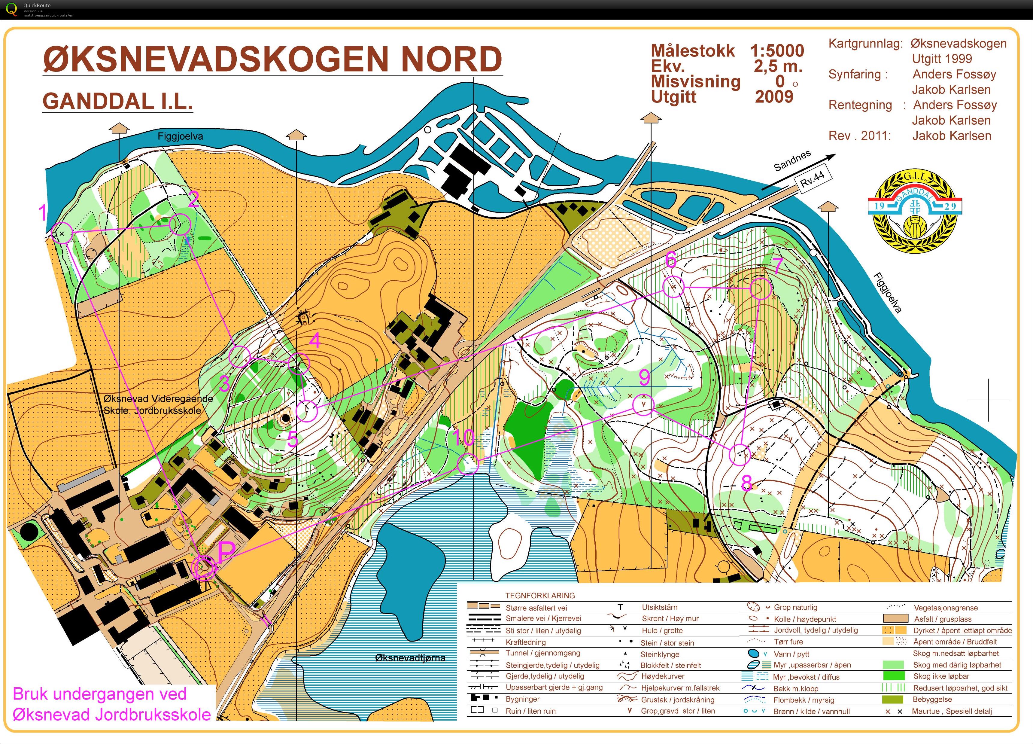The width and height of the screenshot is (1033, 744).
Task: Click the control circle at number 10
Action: point(468,464)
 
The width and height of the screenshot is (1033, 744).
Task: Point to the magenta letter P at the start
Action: point(226,552)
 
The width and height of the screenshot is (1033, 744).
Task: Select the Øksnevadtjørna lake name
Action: point(410,658)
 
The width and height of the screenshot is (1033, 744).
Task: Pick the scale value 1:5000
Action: point(777,50)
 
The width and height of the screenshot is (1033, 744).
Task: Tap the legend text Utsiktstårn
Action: point(660,607)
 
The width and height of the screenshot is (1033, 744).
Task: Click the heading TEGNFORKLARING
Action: point(540,596)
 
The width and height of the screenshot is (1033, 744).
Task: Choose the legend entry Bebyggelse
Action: point(932,699)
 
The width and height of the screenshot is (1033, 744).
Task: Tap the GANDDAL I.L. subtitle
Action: point(117,101)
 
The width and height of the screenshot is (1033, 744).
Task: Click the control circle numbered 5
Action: point(307,410)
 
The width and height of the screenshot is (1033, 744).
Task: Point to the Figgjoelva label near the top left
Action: point(180,136)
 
